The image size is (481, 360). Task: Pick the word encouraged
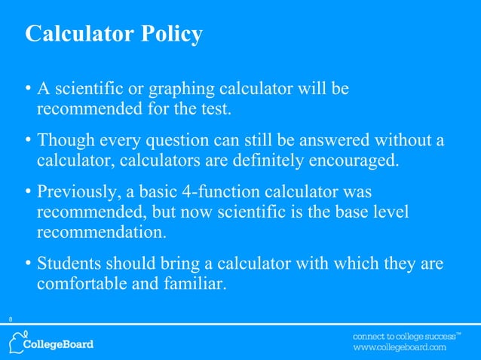click(x=354, y=161)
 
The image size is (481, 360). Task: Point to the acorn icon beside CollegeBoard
click(x=17, y=341)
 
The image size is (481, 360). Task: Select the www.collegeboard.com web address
click(x=400, y=348)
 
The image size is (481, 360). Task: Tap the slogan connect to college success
click(x=404, y=335)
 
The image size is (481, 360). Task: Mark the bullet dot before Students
click(x=27, y=264)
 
